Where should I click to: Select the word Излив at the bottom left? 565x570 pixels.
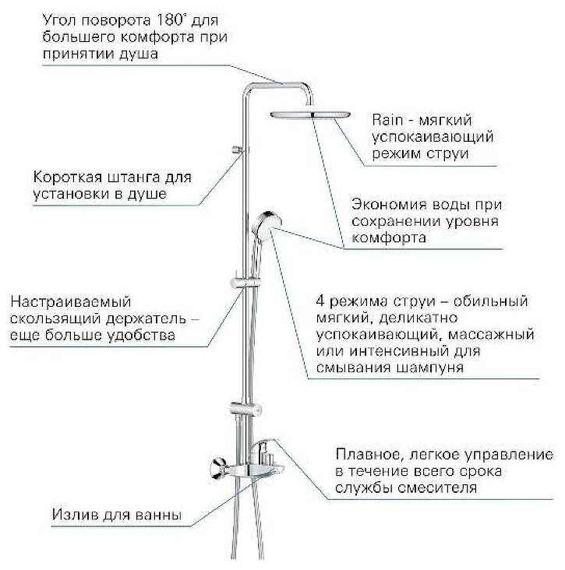pyautogui.click(x=75, y=515)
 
